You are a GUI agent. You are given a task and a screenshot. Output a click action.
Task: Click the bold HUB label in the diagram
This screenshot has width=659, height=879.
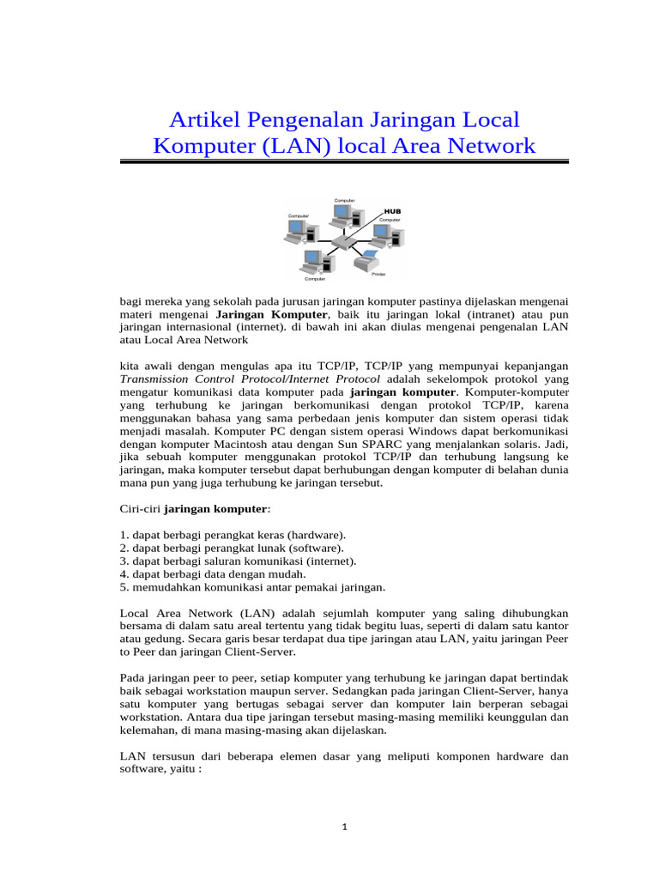(392, 210)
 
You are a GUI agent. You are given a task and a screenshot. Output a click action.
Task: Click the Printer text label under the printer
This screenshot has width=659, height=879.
(378, 274)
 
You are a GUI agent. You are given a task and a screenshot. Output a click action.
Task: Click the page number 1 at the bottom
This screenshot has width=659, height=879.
(343, 827)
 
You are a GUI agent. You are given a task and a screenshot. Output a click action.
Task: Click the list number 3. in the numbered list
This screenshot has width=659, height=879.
(124, 561)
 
